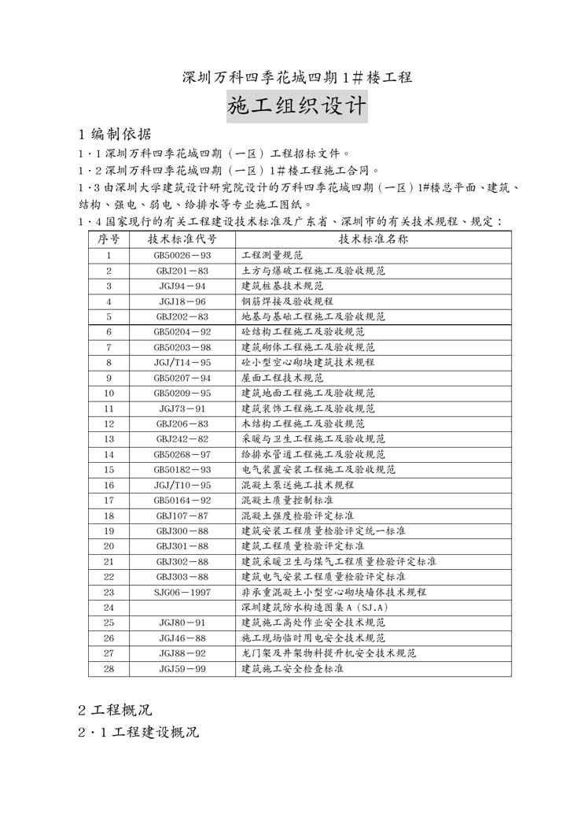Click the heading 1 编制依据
point(116,134)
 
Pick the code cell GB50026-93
point(182,256)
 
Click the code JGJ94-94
point(182,286)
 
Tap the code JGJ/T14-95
point(182,362)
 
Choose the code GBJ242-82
point(182,438)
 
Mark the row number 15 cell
point(109,469)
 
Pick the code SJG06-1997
point(182,592)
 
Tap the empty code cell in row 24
point(182,607)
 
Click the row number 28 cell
point(109,668)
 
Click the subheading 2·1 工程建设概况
point(138,733)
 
